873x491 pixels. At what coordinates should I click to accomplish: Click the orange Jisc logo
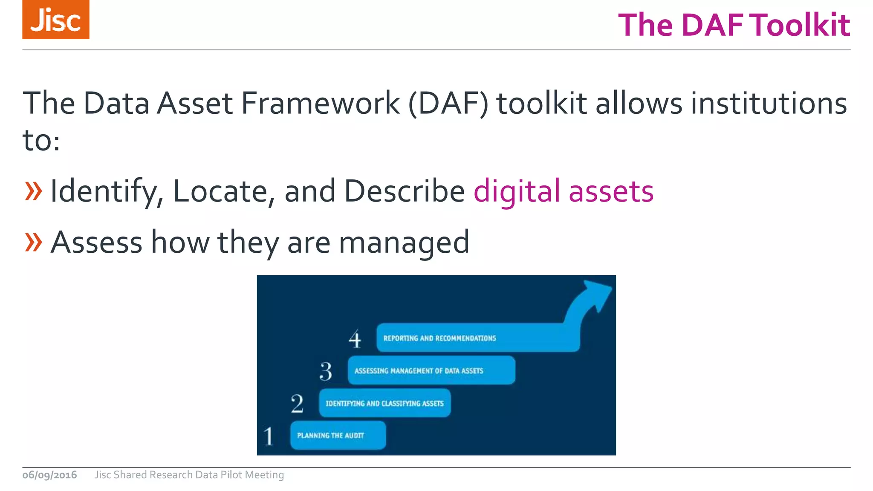[56, 20]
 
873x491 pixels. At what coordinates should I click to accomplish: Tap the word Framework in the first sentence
[321, 103]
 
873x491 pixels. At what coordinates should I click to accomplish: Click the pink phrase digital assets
[564, 191]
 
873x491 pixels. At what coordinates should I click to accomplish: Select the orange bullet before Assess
[34, 242]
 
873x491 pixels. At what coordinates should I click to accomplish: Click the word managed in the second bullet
[404, 242]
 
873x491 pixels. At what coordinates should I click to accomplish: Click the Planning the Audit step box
[338, 435]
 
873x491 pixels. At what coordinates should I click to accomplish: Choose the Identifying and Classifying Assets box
[384, 403]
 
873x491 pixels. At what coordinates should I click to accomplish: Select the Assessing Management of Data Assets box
[431, 370]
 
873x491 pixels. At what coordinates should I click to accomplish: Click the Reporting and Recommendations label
[439, 338]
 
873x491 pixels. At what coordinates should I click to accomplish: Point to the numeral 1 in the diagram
[269, 436]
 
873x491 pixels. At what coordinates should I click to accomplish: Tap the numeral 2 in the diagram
[297, 403]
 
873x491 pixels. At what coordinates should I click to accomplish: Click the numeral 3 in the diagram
[326, 371]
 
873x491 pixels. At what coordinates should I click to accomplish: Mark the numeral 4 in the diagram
[355, 339]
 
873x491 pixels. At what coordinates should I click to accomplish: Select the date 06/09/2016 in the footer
[50, 475]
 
